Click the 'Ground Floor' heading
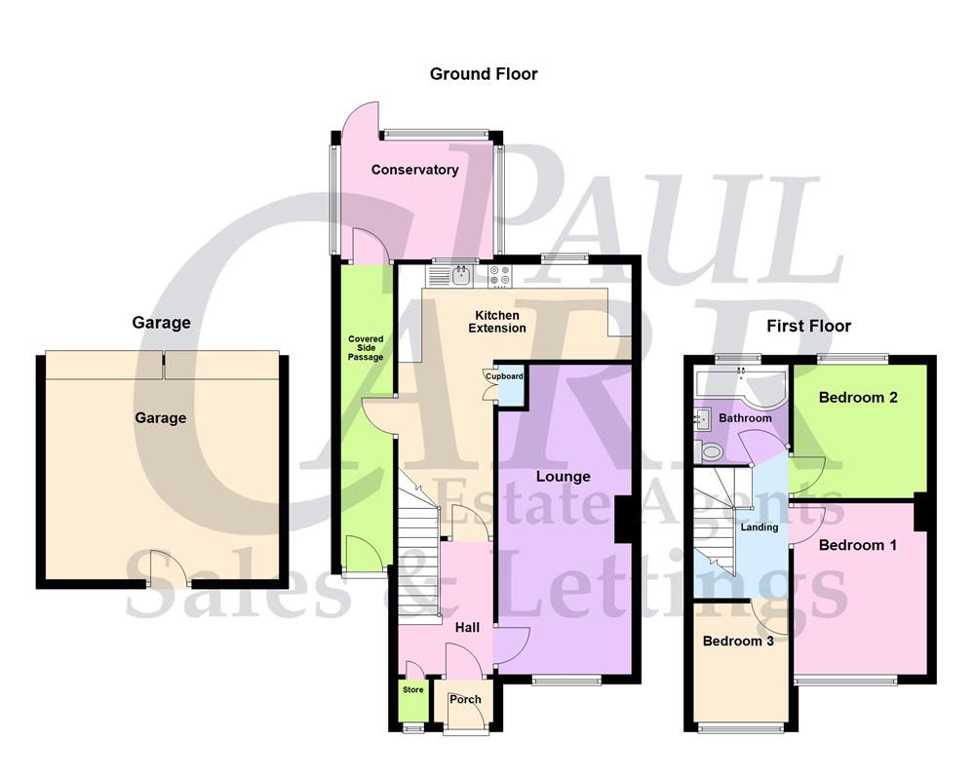point(484,74)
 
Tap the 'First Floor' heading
point(808,326)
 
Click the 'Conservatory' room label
point(414,170)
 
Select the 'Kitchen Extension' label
point(497,322)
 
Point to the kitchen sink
point(461,276)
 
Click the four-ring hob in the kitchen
point(500,276)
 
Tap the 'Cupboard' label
point(505,376)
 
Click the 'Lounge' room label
point(563,477)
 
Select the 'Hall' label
point(467,630)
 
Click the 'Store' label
point(413,690)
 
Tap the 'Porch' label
point(465,699)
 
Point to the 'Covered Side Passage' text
point(367,348)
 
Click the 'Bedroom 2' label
point(857,398)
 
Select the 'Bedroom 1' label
point(857,545)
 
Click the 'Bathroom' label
point(745,418)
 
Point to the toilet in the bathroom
point(709,450)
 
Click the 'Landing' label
point(760,527)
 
